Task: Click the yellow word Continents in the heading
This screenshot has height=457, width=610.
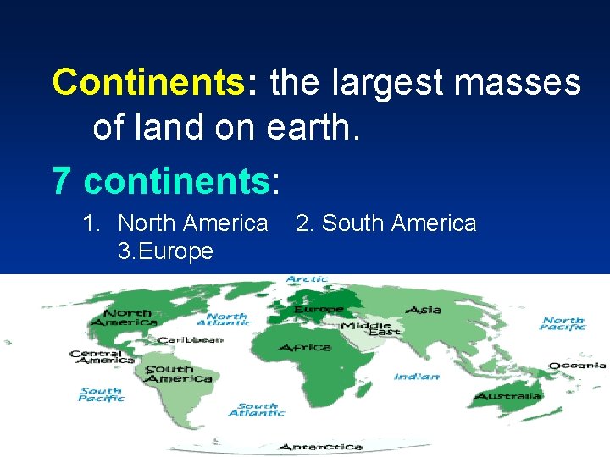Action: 148,83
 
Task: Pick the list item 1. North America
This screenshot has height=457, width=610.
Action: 175,223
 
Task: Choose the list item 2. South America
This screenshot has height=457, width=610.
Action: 385,223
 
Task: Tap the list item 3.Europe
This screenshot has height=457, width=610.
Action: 165,251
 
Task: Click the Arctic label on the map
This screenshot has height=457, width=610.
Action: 307,279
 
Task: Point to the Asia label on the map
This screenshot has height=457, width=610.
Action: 423,310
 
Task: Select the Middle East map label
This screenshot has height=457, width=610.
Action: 365,328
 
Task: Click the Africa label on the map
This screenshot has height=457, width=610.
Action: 303,348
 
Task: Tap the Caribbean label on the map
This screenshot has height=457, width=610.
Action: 189,339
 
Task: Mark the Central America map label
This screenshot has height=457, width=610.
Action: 102,357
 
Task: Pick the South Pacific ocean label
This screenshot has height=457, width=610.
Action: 101,394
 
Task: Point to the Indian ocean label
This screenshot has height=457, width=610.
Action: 416,377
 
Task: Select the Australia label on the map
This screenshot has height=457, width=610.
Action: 507,396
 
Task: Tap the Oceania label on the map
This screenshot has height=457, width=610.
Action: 577,366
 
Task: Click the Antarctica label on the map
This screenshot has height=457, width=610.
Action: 319,446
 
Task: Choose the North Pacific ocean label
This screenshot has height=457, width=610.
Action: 563,324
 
